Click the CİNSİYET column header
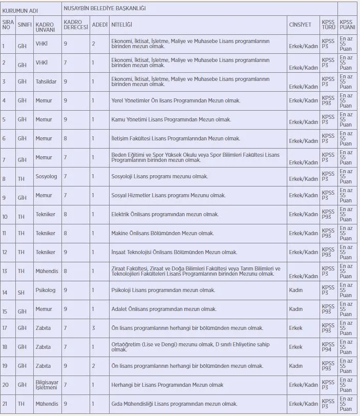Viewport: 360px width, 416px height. (300, 24)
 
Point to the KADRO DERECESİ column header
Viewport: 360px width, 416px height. (76, 24)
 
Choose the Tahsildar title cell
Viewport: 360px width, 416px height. (46, 81)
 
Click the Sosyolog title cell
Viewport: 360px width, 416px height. (46, 176)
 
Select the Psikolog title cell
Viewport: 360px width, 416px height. (46, 290)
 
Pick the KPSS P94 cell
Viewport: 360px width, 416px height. (328, 347)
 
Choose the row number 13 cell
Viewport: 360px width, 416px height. (5, 271)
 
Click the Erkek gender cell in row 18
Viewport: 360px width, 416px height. (295, 347)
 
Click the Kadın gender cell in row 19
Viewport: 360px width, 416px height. (295, 366)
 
